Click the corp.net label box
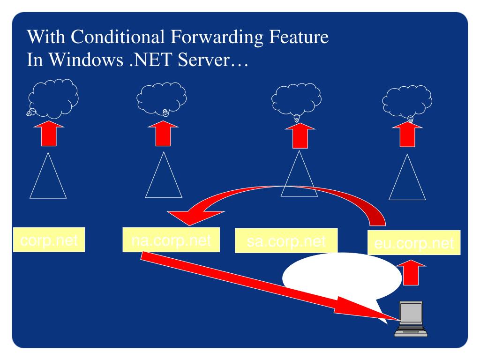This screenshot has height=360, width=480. (x=49, y=240)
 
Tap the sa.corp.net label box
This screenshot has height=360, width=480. (x=286, y=240)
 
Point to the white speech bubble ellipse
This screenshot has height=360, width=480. (x=342, y=277)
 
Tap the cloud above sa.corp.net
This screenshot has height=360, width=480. (x=296, y=99)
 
